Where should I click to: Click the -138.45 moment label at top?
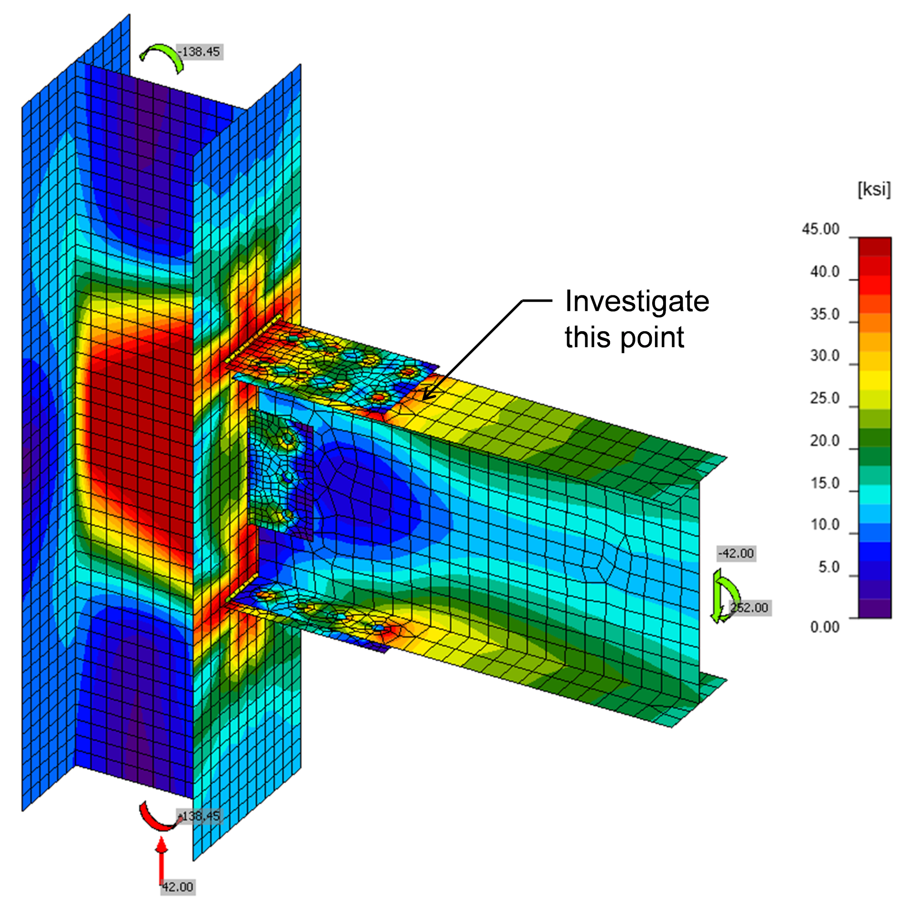(200, 52)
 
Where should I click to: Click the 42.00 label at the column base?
(177, 887)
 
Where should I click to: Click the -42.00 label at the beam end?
(737, 554)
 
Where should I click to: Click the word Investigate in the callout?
(637, 302)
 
